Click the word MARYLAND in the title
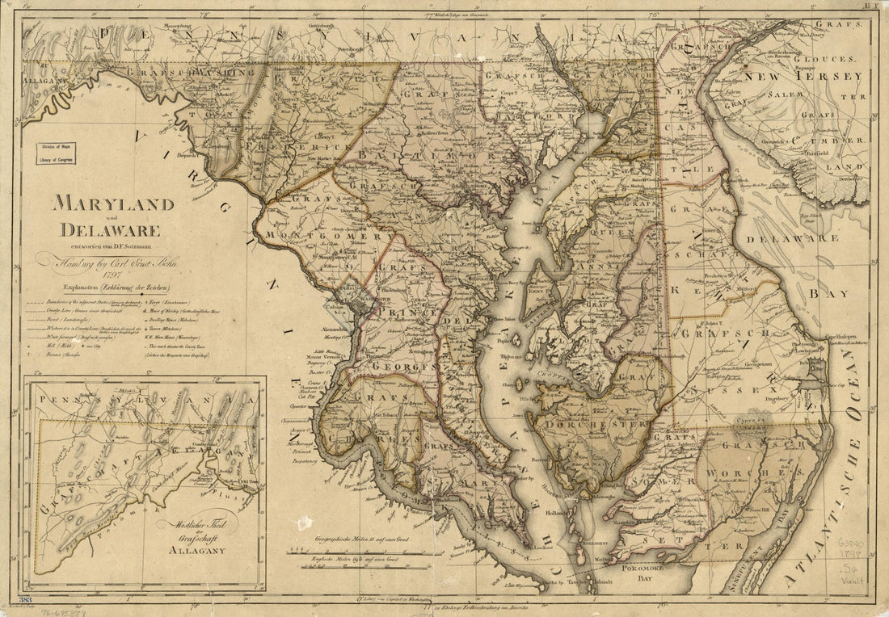click(x=113, y=203)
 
